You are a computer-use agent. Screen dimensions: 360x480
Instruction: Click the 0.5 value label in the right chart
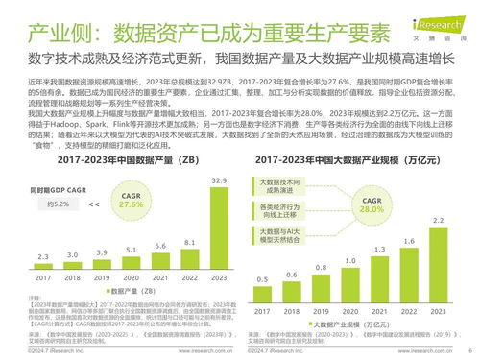click(x=263, y=278)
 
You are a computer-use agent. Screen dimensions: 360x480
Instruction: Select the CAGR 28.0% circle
click(x=370, y=205)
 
